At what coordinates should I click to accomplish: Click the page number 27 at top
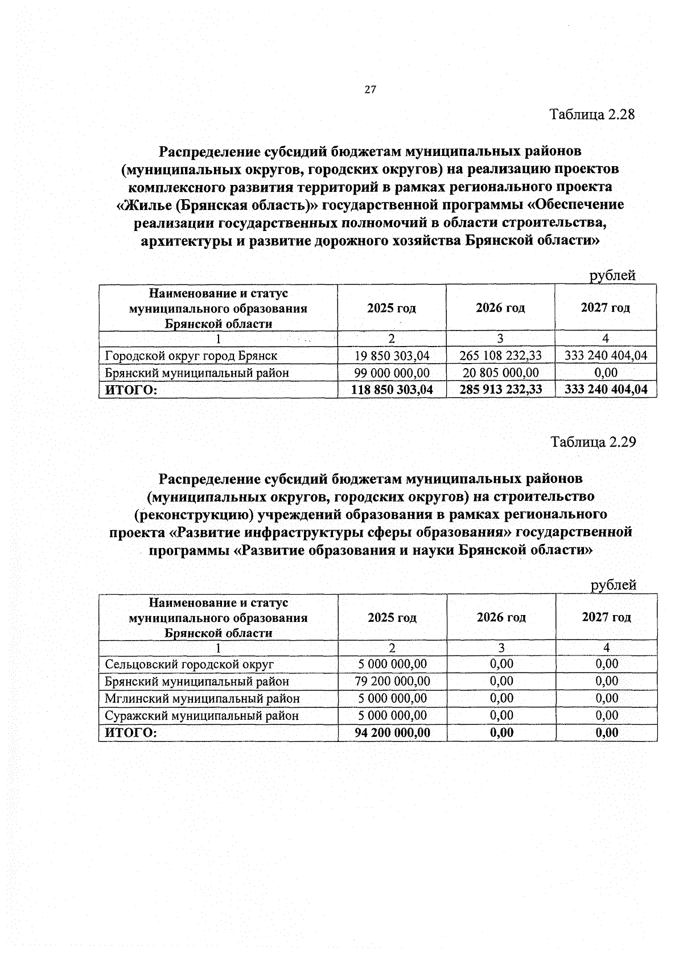[371, 90]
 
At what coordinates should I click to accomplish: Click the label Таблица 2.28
[592, 114]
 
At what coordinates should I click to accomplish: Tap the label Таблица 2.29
[593, 442]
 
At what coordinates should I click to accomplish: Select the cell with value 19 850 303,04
[392, 356]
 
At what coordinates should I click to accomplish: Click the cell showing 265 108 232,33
[500, 356]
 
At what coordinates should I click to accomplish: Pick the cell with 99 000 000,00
[392, 373]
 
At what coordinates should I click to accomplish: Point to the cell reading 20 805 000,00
[500, 373]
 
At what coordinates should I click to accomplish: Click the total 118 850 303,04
[392, 390]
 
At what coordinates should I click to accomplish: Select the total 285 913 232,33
[500, 390]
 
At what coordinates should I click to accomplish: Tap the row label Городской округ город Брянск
[191, 356]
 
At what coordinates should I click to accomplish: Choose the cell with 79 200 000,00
[392, 681]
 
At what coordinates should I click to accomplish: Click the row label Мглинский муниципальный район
[202, 698]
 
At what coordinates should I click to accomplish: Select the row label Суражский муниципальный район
[201, 716]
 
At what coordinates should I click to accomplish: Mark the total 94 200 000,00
[392, 733]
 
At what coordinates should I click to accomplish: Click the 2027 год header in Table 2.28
[606, 308]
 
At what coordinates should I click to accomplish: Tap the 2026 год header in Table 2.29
[501, 617]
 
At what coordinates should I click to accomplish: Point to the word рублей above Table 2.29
[613, 585]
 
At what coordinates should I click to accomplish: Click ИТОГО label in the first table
[129, 390]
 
